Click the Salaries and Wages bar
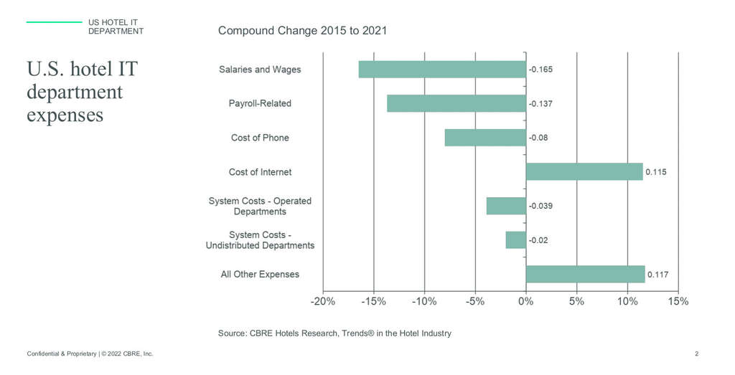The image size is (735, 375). click(x=442, y=70)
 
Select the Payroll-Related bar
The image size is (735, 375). click(x=457, y=103)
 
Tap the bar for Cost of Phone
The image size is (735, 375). click(x=485, y=138)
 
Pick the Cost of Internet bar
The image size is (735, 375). click(x=584, y=171)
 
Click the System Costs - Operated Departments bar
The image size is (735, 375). click(x=506, y=206)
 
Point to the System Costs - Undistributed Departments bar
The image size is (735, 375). click(x=515, y=239)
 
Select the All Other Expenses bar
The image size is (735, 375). click(x=585, y=274)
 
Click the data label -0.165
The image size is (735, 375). click(x=541, y=70)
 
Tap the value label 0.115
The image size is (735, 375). click(x=656, y=172)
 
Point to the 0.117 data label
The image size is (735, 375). click(x=658, y=274)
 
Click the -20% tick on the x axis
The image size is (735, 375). click(x=323, y=301)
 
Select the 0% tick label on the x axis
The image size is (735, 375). click(x=525, y=301)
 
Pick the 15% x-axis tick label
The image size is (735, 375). click(x=678, y=301)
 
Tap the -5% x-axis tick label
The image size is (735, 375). click(x=474, y=301)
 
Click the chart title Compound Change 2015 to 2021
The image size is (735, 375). click(x=303, y=31)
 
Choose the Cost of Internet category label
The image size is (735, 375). click(x=260, y=172)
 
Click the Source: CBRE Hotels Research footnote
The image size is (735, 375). click(x=334, y=333)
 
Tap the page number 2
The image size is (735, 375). click(x=697, y=354)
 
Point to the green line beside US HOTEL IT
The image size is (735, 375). click(x=54, y=22)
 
